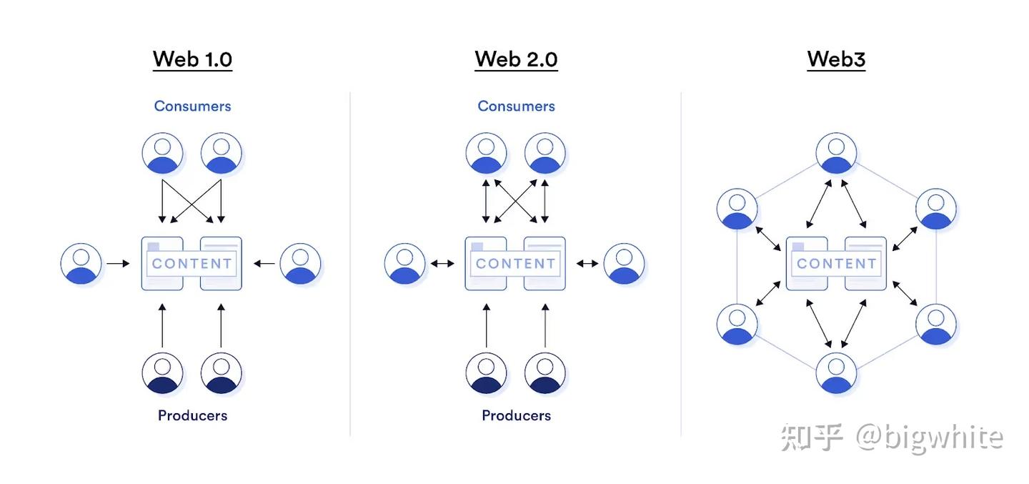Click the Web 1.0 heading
[192, 59]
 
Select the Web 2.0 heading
[516, 59]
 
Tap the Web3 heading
[836, 59]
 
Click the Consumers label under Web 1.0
[192, 106]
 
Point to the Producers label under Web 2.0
[516, 415]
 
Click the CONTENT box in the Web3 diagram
[836, 263]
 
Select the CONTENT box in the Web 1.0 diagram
[192, 263]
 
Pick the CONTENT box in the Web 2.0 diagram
[515, 263]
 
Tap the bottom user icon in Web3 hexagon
[836, 373]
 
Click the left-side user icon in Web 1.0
[81, 264]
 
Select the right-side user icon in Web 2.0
[624, 264]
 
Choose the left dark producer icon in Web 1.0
[163, 373]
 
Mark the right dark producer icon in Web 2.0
[545, 373]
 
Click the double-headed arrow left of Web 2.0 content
[442, 264]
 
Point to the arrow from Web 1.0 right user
[264, 264]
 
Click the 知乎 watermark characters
[812, 438]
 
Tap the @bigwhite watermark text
[929, 438]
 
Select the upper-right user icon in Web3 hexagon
[936, 209]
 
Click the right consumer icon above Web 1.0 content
[222, 153]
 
